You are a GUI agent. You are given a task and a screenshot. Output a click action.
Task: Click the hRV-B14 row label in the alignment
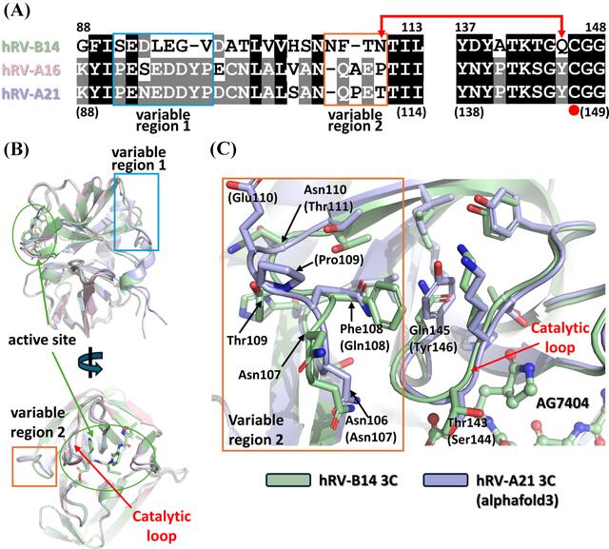[31, 47]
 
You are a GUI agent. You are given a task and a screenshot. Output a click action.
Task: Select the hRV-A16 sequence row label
[31, 69]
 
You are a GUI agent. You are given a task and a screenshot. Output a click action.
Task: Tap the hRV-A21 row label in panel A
[31, 93]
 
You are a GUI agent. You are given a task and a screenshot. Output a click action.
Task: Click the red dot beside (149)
[574, 111]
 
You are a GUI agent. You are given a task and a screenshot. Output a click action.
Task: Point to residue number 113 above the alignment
[411, 28]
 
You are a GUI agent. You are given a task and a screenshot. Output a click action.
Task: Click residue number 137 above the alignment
[465, 28]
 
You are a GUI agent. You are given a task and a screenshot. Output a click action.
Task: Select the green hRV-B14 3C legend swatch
[288, 480]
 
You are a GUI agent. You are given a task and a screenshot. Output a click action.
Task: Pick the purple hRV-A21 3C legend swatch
[445, 480]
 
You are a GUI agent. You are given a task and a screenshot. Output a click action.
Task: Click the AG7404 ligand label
[562, 403]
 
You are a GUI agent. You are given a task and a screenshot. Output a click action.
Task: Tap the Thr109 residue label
[247, 341]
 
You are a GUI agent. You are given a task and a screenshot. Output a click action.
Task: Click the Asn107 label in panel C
[260, 375]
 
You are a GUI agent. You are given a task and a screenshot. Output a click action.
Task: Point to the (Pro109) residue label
[339, 260]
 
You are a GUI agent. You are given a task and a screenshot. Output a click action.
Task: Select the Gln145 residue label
[429, 330]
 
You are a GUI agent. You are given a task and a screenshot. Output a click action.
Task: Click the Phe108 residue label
[362, 329]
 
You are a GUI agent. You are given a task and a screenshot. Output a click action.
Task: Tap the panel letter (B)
[16, 150]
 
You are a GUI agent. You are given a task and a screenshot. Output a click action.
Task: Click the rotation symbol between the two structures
[91, 363]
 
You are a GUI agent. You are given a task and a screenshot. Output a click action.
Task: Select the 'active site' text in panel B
[42, 340]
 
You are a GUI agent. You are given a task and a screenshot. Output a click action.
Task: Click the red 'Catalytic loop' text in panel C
[560, 338]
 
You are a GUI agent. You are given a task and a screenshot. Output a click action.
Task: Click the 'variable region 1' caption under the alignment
[163, 120]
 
